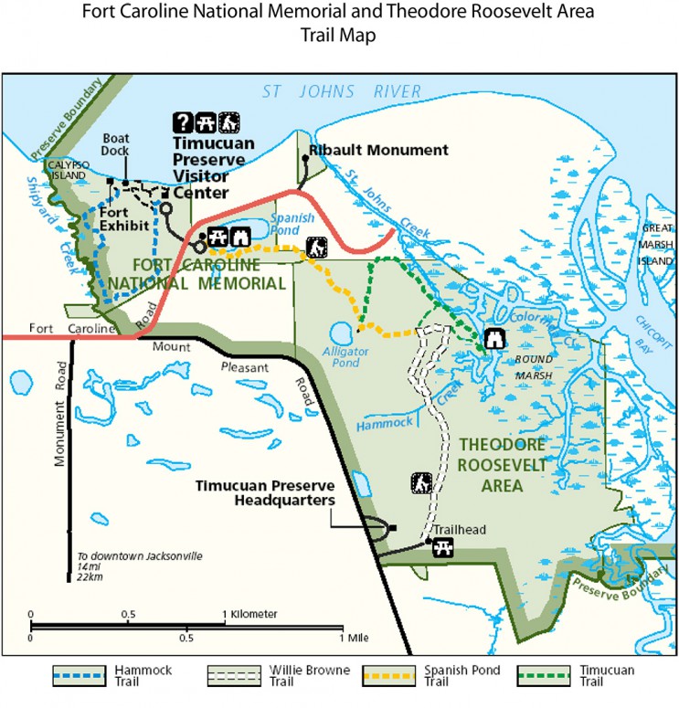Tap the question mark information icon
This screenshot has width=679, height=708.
[183, 122]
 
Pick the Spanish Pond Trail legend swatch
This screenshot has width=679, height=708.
[390, 676]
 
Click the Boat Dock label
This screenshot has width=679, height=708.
[116, 144]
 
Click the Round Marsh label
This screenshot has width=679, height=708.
[534, 367]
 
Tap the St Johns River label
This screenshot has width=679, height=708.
[342, 91]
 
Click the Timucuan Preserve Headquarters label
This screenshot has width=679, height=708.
[265, 492]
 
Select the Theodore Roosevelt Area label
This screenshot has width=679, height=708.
[504, 464]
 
